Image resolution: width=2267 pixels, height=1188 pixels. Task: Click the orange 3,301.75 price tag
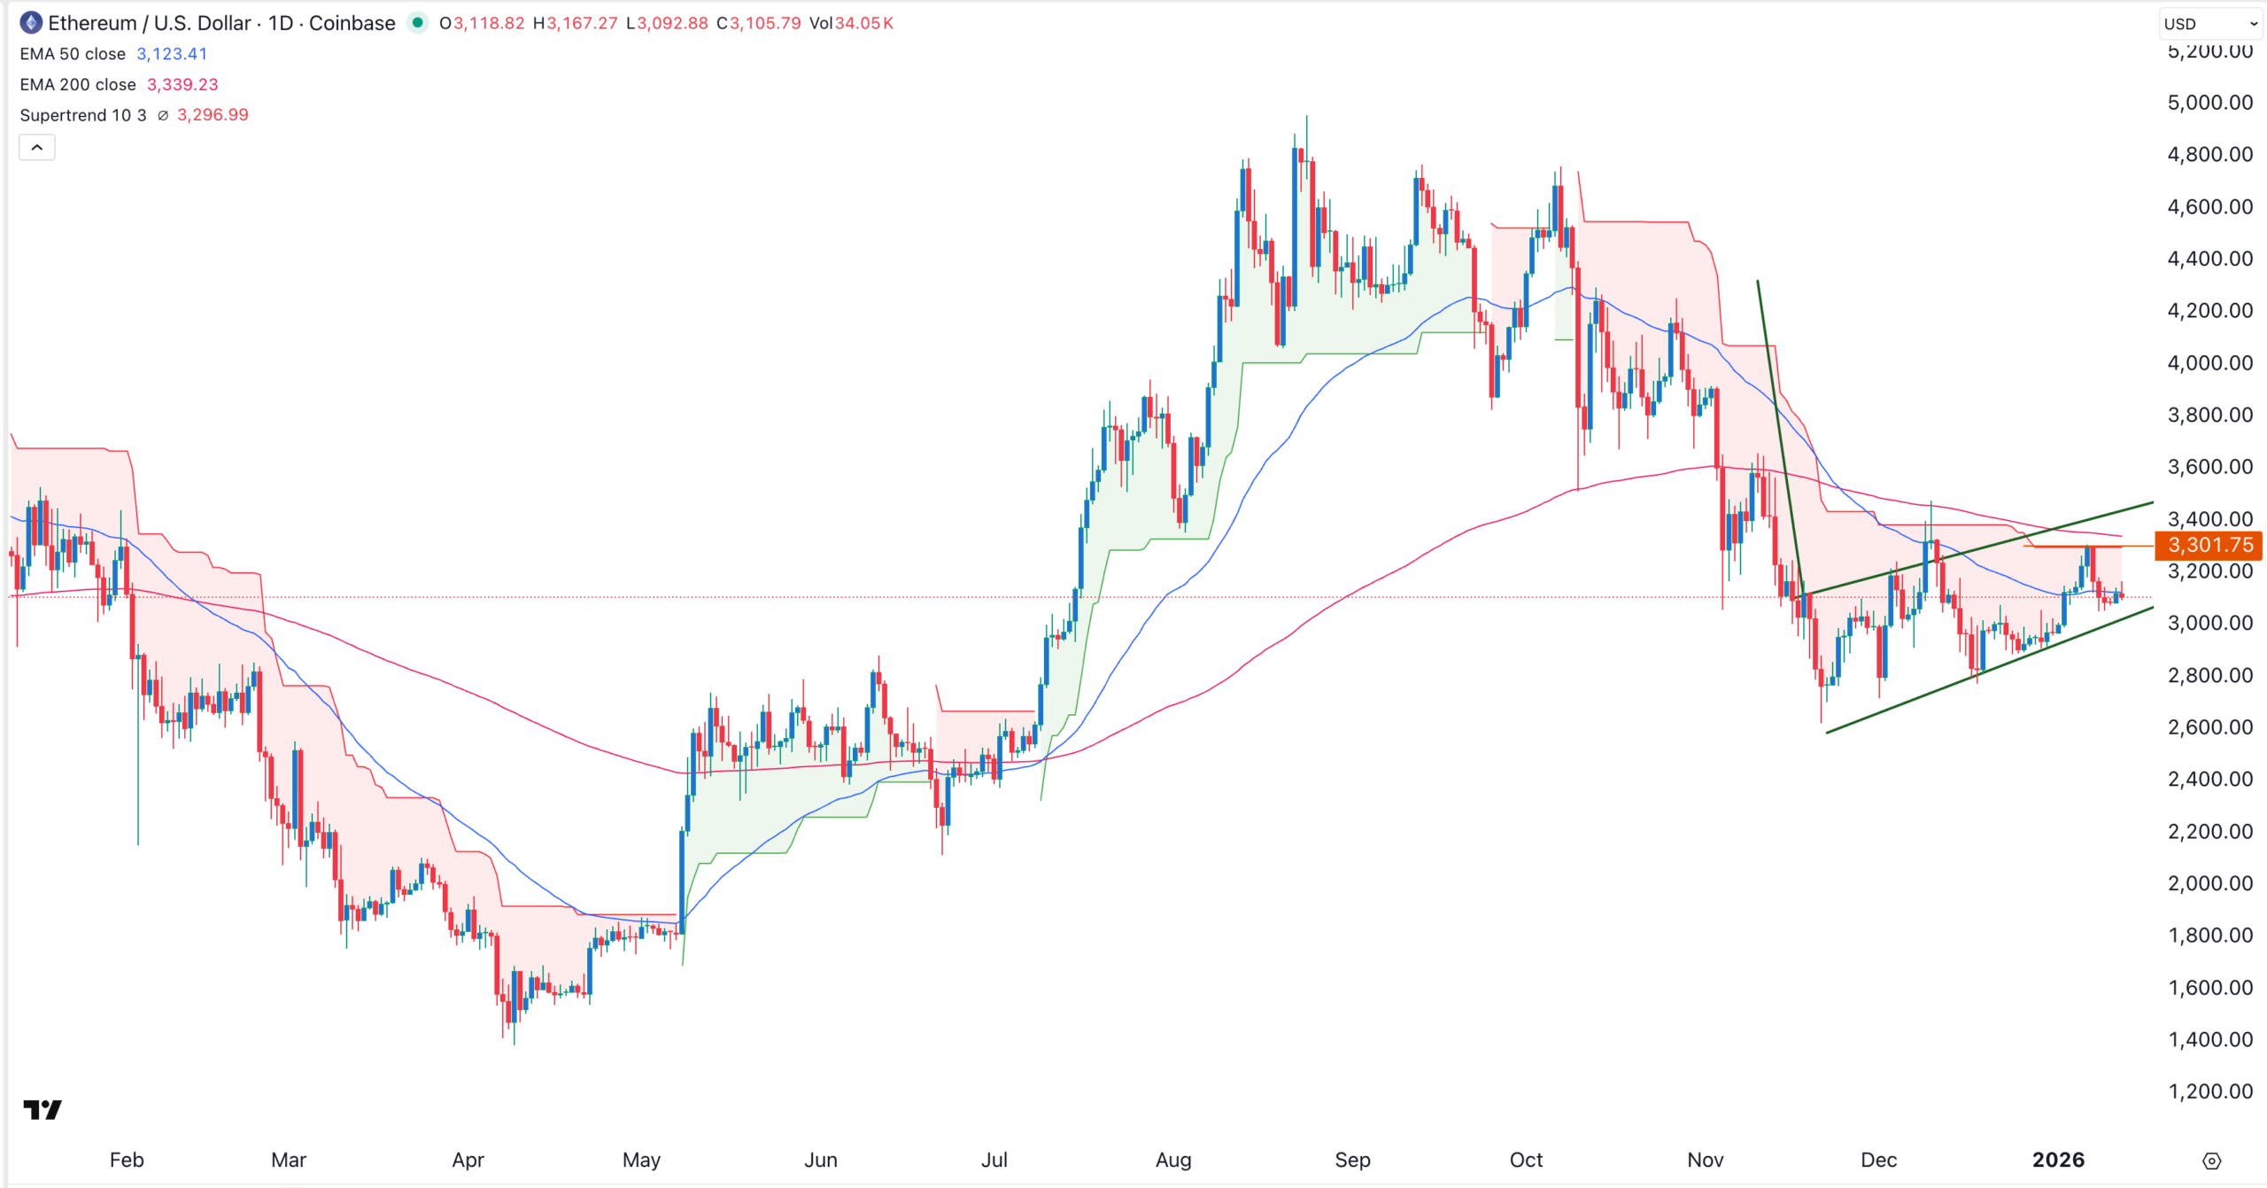click(x=2209, y=545)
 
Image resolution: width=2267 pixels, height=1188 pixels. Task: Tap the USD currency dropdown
click(x=2209, y=24)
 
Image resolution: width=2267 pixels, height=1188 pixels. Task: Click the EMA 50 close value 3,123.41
click(x=172, y=54)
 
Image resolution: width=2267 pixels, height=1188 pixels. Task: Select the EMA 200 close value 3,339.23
click(x=182, y=85)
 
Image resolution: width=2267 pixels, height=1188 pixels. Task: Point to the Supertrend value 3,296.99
click(x=213, y=115)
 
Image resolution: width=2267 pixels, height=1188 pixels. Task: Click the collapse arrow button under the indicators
click(x=37, y=148)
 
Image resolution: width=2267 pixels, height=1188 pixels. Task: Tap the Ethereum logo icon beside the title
click(x=31, y=23)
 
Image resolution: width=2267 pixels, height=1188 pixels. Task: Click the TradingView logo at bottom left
click(x=43, y=1109)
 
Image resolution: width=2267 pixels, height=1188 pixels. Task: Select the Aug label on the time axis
click(x=1173, y=1160)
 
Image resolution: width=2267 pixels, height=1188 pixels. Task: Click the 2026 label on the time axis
click(x=2058, y=1160)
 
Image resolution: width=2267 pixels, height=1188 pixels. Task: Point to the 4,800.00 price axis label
click(x=2209, y=155)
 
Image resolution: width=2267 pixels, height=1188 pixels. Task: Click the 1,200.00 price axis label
click(x=2209, y=1091)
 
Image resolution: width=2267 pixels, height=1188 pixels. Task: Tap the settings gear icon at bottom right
click(x=2211, y=1161)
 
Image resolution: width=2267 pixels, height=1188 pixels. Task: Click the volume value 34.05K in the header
click(x=863, y=24)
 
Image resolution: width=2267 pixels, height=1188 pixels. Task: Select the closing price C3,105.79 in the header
click(x=759, y=24)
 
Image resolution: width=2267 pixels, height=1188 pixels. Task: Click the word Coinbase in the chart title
click(x=352, y=24)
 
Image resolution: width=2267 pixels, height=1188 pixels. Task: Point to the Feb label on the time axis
click(x=127, y=1160)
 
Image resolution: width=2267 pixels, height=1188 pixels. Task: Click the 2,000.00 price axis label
click(x=2209, y=883)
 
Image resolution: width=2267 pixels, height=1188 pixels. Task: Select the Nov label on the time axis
click(x=1705, y=1160)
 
